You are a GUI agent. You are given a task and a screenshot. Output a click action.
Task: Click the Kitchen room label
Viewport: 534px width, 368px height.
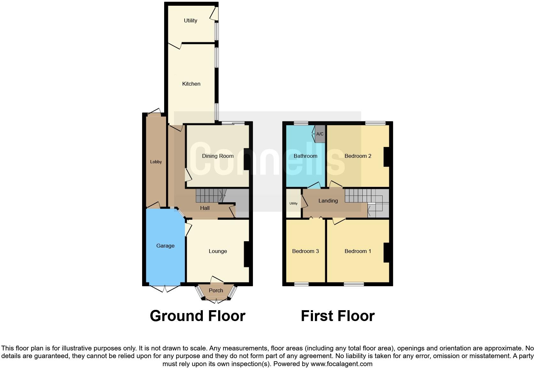coord(191,84)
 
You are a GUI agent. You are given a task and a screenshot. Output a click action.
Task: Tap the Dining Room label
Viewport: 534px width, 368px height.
coord(217,156)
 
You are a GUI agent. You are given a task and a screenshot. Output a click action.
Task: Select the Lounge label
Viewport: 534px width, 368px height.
coord(218,251)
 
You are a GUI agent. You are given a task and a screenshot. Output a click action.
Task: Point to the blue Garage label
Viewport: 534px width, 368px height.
coord(165,246)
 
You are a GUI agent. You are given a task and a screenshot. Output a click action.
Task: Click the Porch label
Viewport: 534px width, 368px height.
coord(216,290)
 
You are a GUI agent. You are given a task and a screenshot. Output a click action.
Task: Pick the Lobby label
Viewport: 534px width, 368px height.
coord(156,162)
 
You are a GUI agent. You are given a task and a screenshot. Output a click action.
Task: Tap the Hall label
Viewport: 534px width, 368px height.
coord(205,208)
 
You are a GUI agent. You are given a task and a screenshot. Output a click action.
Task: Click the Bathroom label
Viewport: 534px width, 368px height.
coord(305,156)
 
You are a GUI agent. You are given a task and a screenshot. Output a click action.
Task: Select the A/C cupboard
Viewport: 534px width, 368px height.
coord(320,134)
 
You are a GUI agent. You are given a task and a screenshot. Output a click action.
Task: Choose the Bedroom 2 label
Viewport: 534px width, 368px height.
coord(358,156)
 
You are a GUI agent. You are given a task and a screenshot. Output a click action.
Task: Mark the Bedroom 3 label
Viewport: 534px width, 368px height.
coord(305,251)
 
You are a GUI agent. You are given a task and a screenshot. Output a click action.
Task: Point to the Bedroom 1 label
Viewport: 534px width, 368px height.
coord(358,251)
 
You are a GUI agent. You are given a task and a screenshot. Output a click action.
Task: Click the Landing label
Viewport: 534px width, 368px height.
coord(328,201)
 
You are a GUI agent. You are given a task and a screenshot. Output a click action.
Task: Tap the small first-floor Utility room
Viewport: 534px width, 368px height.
coord(294,203)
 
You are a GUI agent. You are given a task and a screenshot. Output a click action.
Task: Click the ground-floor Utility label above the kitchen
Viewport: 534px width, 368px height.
coord(190,20)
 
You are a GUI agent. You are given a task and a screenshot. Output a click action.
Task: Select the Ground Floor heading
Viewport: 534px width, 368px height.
coord(197,316)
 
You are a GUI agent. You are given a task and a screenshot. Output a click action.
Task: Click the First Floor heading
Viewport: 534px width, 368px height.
coord(338,316)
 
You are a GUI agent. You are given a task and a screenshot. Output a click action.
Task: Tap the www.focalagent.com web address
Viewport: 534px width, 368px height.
coord(341,364)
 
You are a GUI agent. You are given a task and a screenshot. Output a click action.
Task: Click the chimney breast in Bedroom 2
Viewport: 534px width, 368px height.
coord(386,157)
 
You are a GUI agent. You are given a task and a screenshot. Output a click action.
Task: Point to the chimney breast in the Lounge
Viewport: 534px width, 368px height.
coord(247,254)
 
